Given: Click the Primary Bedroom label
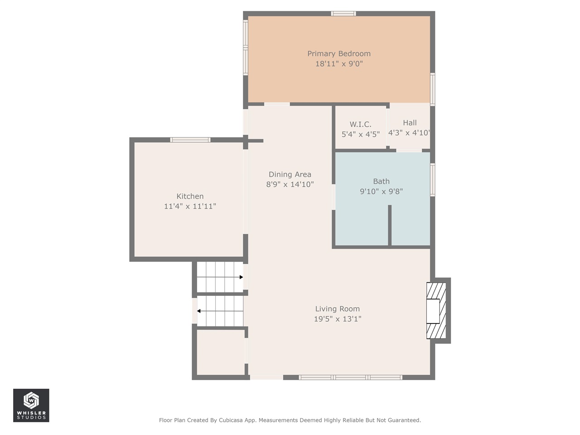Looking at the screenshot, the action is pos(339,53).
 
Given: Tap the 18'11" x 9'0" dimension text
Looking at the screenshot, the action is pos(339,63).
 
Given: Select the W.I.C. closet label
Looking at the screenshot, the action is pos(360,124).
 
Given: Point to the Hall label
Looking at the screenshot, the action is pos(410,122).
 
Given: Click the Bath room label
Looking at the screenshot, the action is pos(381,181).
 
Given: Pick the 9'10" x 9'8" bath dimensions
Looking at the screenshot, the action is pos(381,191).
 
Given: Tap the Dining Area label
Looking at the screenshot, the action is pos(290,174).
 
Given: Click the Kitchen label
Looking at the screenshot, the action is pos(190,196).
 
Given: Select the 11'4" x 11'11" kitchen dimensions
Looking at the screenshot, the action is pos(190,206).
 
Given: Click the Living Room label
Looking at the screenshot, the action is pos(338,309).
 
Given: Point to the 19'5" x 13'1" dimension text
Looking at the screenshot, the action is pos(338,319).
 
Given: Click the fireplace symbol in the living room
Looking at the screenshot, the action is pos(436,310).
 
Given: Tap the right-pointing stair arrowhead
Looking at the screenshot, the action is pos(241,277).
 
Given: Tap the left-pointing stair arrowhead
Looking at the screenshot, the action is pos(199,311).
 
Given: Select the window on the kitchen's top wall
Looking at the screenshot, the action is pos(190,140).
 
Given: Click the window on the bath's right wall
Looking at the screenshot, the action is pos(433,179).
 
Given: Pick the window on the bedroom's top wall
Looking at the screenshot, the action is pos(343,14).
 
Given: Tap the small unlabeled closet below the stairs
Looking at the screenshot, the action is pos(221,352).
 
